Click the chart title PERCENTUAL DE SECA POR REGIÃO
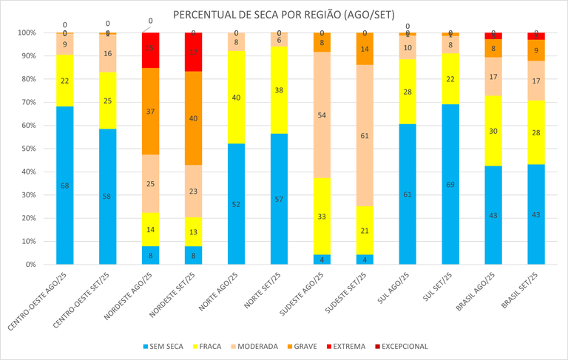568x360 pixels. [x=284, y=15]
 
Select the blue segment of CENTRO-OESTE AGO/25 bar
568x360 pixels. [x=65, y=185]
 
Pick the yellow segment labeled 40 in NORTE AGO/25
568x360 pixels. [x=237, y=97]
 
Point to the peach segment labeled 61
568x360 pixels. [x=365, y=135]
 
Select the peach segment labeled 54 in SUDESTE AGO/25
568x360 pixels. [x=322, y=115]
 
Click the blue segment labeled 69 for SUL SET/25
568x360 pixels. [x=451, y=184]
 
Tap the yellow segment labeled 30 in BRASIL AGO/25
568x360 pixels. [x=494, y=130]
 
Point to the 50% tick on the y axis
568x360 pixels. [x=30, y=149]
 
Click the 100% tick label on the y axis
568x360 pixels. [x=28, y=33]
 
